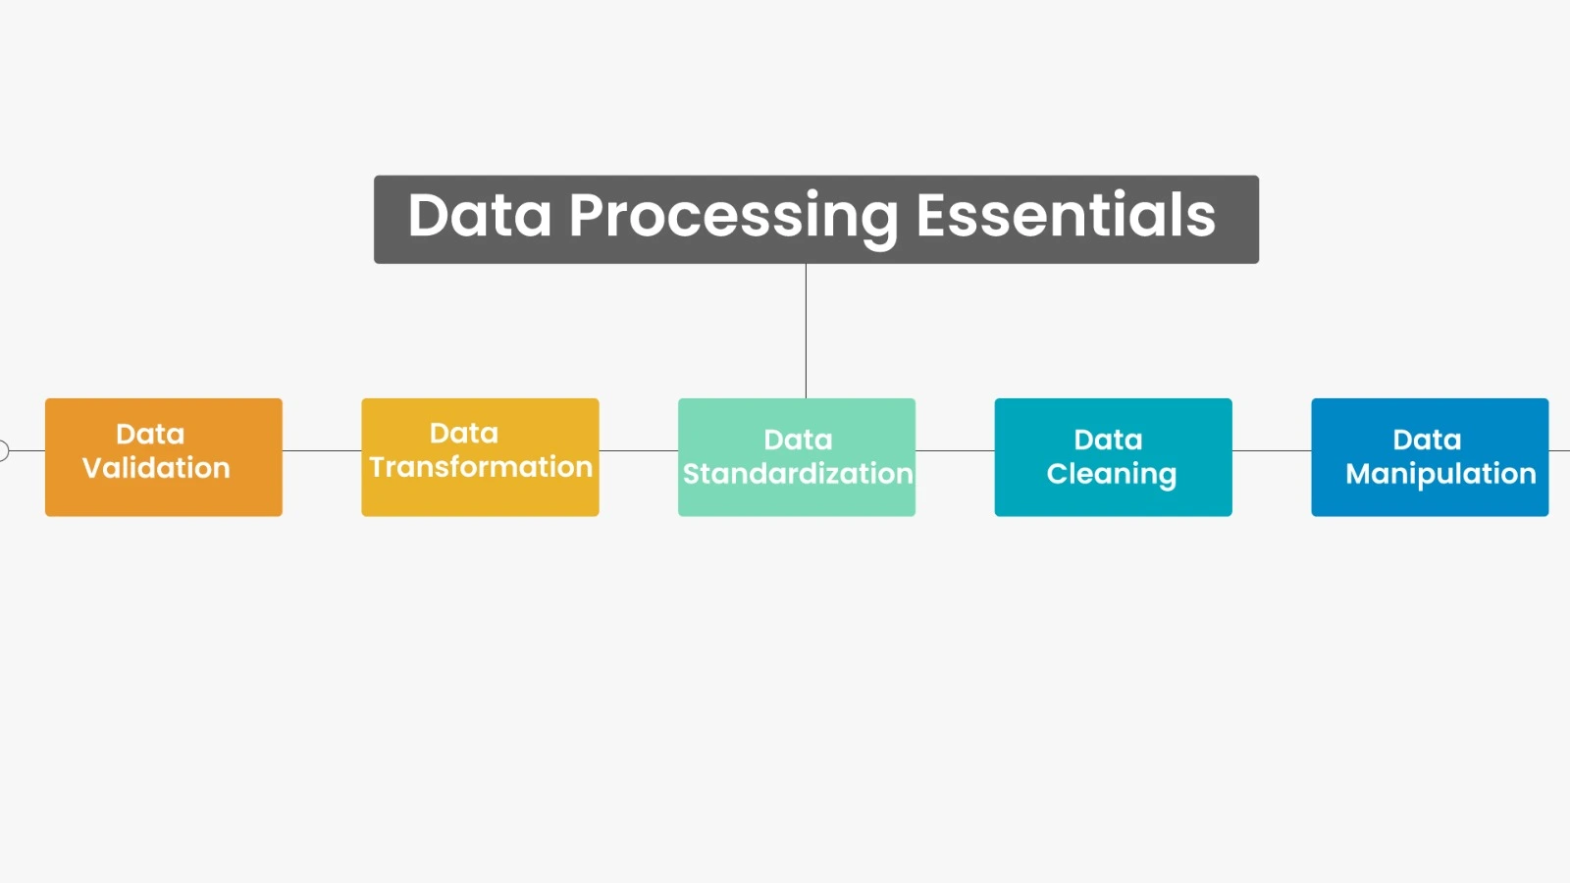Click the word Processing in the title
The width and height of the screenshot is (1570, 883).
point(732,216)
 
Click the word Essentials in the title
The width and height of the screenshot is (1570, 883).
point(1065,216)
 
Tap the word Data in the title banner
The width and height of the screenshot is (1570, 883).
point(479,216)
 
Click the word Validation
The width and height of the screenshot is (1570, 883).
point(156,468)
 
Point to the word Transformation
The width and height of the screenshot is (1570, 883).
point(481,467)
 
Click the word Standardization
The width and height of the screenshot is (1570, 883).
point(797,474)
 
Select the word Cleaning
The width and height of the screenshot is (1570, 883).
point(1111,474)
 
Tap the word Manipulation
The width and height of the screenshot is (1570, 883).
point(1440,474)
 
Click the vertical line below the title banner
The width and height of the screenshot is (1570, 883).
point(806,331)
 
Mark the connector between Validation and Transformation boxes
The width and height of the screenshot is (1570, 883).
point(322,451)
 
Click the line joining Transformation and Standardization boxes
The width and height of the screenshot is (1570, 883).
point(638,451)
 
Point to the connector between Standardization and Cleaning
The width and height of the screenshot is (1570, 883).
point(955,451)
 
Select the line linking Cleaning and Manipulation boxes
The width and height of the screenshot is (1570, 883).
point(1272,451)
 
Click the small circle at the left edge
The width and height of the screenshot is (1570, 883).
point(3,451)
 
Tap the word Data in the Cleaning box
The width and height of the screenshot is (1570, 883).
point(1108,440)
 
